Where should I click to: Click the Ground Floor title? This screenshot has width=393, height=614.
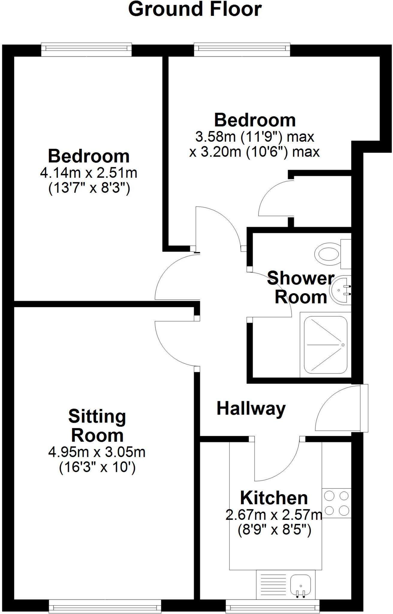pos(195,10)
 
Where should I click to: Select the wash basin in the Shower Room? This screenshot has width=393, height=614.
pos(340,290)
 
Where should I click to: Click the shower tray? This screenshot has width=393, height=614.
pos(326,345)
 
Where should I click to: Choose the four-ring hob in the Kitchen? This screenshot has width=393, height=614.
pos(336,503)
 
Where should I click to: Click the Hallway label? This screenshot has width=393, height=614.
pos(251,409)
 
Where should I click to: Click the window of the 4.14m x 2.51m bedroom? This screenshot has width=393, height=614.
pos(86,49)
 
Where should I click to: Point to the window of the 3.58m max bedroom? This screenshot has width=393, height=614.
pos(242,49)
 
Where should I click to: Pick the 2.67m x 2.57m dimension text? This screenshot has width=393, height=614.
pos(273,515)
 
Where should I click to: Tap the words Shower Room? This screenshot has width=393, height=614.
pos(301,287)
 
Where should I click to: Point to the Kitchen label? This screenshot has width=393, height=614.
pos(274,498)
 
